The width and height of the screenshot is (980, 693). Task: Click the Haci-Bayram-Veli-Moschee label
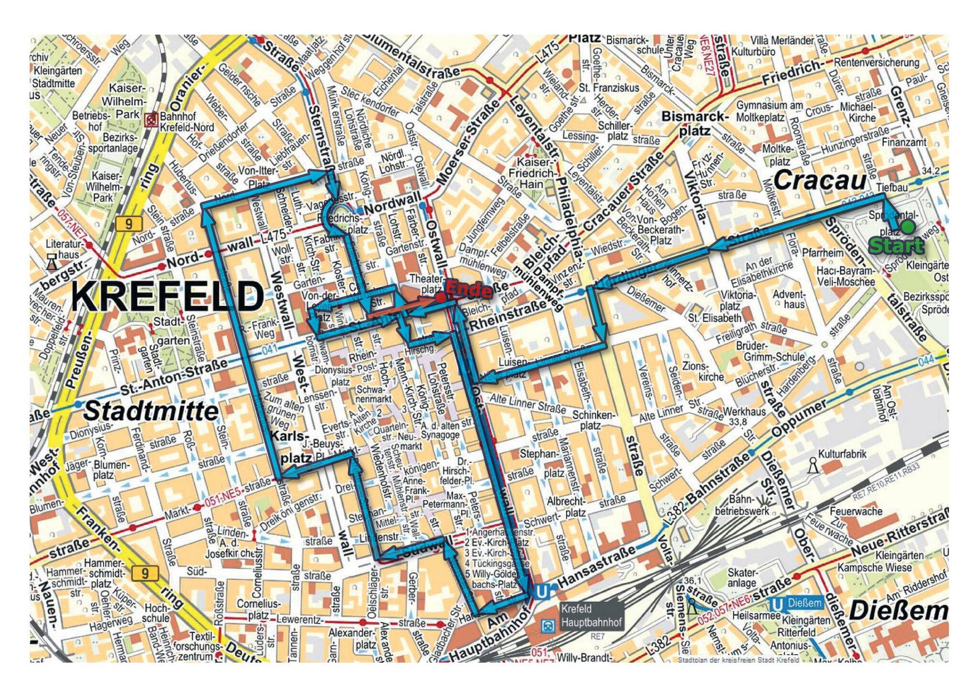tap(846, 277)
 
